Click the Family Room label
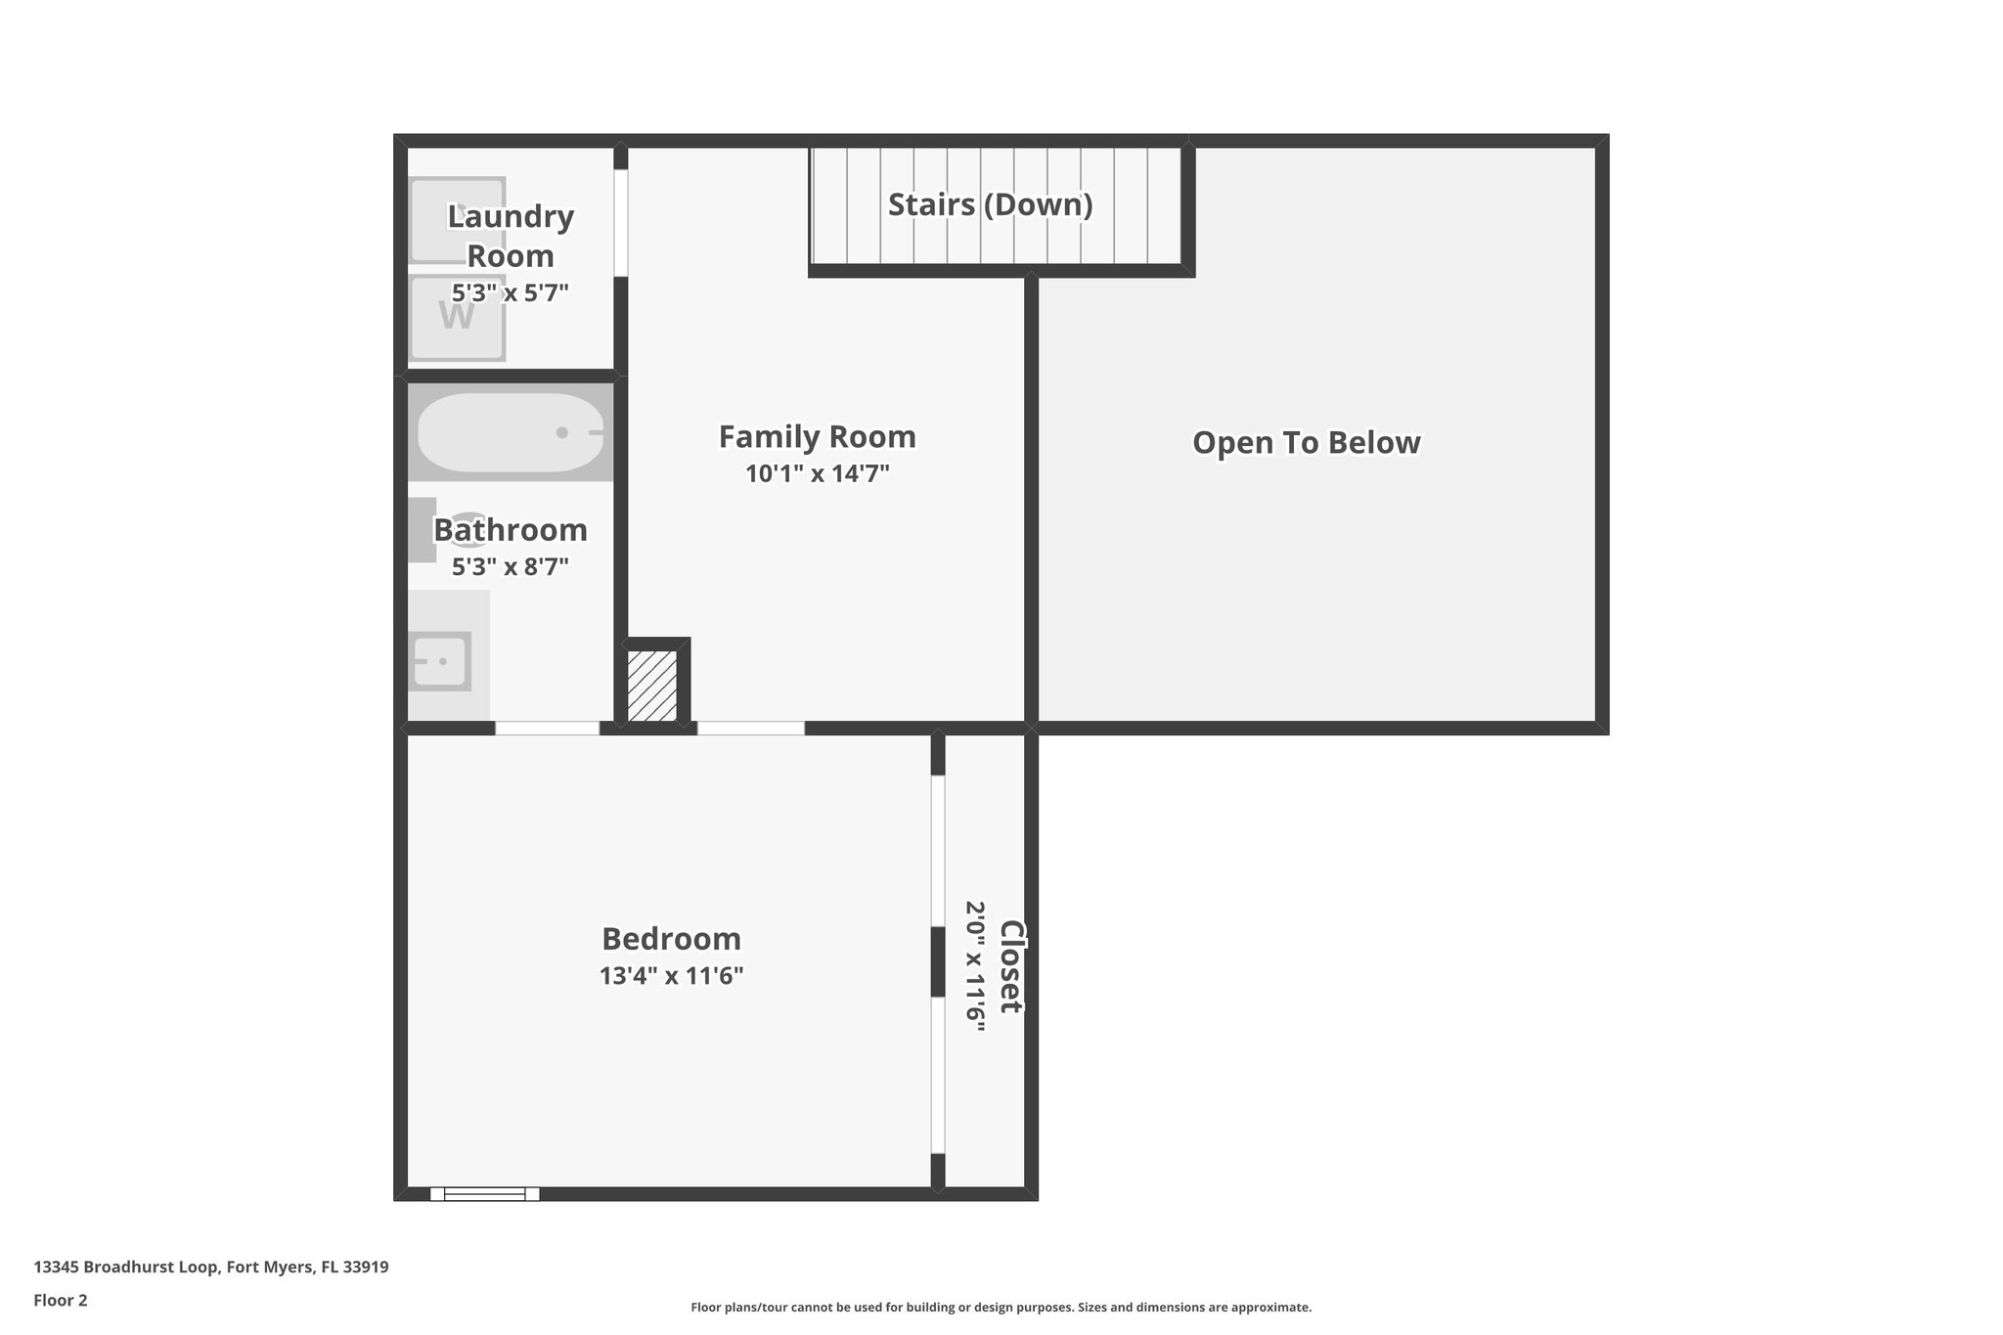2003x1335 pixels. tap(817, 436)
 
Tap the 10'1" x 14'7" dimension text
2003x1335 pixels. tap(817, 474)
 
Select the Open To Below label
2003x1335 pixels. tap(1306, 443)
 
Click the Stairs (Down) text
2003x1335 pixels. tap(990, 204)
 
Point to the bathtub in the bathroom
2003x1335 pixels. tap(511, 432)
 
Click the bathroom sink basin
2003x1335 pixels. tap(439, 661)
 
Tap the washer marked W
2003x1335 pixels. tap(457, 317)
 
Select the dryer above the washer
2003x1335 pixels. tap(457, 220)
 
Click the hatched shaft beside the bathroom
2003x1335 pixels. tap(652, 686)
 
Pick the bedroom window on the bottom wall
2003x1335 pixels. tap(485, 1193)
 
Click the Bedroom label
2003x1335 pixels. tap(671, 939)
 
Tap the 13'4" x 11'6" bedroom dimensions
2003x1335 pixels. tap(671, 976)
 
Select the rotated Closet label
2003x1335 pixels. tap(1010, 966)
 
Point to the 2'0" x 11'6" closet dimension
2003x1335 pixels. tap(975, 960)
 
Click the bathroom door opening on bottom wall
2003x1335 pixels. tap(547, 728)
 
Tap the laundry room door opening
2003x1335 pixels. tap(620, 223)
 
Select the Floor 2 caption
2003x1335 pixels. tap(61, 1300)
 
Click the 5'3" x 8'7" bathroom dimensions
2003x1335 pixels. tap(510, 567)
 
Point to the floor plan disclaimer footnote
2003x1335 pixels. tap(1001, 1307)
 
